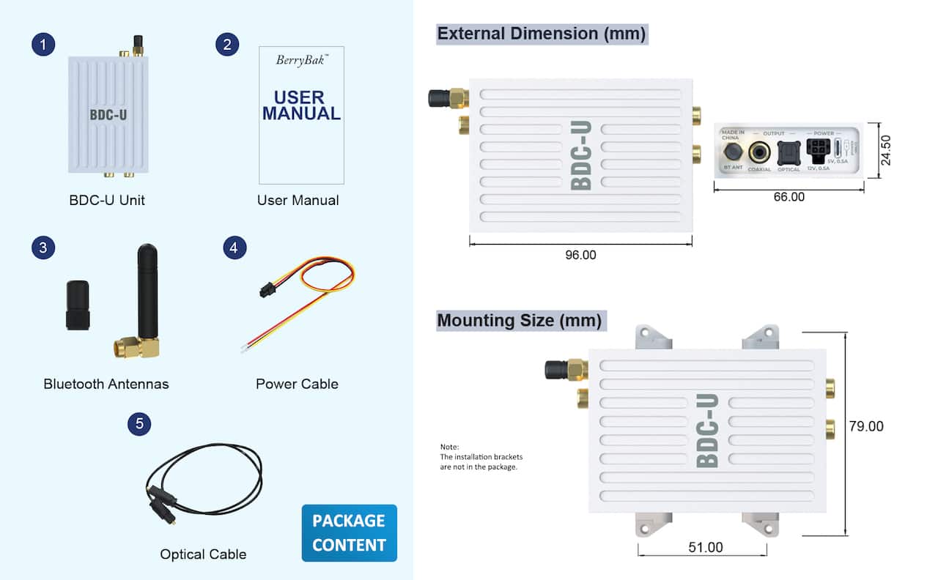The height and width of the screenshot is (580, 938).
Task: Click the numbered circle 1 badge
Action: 43,45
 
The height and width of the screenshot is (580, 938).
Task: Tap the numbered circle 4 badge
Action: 233,248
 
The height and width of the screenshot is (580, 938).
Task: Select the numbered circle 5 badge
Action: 139,423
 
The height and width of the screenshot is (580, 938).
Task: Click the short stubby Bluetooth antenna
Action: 78,305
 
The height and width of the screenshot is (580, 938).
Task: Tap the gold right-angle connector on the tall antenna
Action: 138,347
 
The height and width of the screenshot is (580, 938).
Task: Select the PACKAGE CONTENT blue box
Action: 349,532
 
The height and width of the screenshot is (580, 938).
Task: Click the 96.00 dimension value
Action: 580,255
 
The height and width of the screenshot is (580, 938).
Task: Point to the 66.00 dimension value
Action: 789,197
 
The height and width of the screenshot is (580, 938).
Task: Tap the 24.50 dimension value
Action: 886,150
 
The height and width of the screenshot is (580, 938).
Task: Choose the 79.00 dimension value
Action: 866,426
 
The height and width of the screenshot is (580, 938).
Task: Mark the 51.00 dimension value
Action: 706,548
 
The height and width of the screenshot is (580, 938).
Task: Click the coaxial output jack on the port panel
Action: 759,152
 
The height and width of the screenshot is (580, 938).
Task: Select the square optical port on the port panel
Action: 789,152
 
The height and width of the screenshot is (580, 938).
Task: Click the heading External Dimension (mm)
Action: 542,34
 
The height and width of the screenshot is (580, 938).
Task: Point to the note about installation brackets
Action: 481,457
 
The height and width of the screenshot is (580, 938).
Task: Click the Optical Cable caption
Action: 203,554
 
